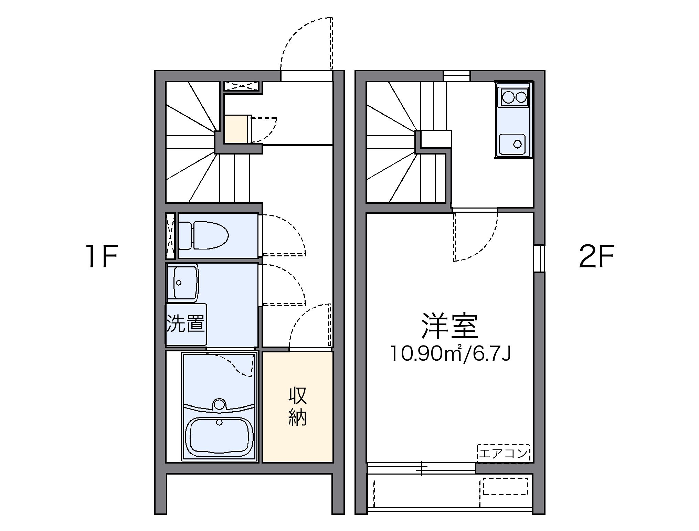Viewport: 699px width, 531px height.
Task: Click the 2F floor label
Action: click(596, 256)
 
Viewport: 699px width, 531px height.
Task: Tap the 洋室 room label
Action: click(449, 326)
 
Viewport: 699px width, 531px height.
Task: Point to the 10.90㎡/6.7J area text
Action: click(449, 354)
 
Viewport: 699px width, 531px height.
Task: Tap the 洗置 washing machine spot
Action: click(186, 324)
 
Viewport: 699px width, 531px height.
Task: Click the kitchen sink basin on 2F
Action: click(512, 144)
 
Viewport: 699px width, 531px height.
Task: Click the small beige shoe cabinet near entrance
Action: click(236, 129)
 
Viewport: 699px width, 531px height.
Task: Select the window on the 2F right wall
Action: click(539, 258)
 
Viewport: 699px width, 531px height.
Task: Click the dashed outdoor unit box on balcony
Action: click(505, 486)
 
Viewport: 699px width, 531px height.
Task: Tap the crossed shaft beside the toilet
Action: click(170, 236)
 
